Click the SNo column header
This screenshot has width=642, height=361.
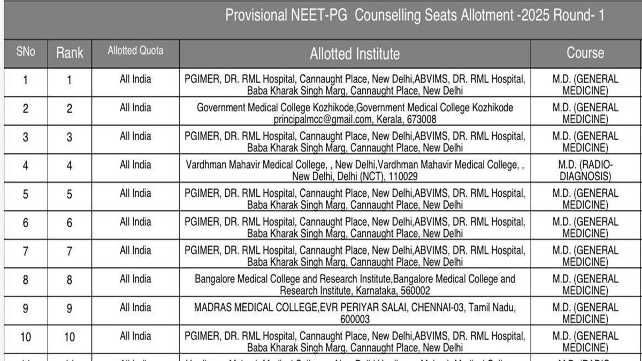pos(26,52)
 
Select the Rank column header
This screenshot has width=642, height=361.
pos(70,53)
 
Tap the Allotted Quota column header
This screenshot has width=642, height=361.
pos(135,51)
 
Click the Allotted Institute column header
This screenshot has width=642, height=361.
pos(354,53)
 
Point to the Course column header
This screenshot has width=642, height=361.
pos(585,53)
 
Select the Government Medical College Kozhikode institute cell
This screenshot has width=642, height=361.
pos(355,113)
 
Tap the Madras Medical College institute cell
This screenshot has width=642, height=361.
pos(355,313)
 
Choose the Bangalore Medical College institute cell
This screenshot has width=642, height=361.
pos(355,285)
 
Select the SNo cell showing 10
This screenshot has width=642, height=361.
pos(26,337)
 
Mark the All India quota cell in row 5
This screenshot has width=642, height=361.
pos(135,193)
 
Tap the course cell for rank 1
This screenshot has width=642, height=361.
pos(585,85)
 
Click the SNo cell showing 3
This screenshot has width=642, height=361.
pos(26,137)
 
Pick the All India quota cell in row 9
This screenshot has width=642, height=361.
pos(135,308)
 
